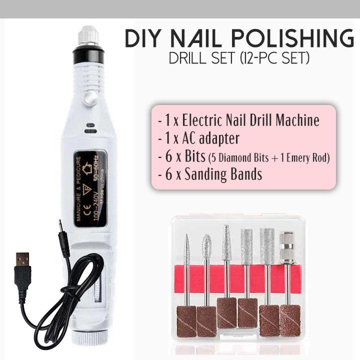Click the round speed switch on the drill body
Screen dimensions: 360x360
pyautogui.click(x=89, y=99)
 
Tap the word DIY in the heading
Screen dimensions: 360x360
pyautogui.click(x=142, y=38)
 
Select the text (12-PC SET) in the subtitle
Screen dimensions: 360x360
pyautogui.click(x=274, y=58)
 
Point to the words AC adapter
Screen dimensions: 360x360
pyautogui.click(x=210, y=138)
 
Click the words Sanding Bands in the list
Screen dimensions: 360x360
pyautogui.click(x=223, y=174)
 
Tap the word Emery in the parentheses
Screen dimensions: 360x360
pyautogui.click(x=298, y=158)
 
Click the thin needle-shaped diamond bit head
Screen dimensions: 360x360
pyautogui.click(x=187, y=251)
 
